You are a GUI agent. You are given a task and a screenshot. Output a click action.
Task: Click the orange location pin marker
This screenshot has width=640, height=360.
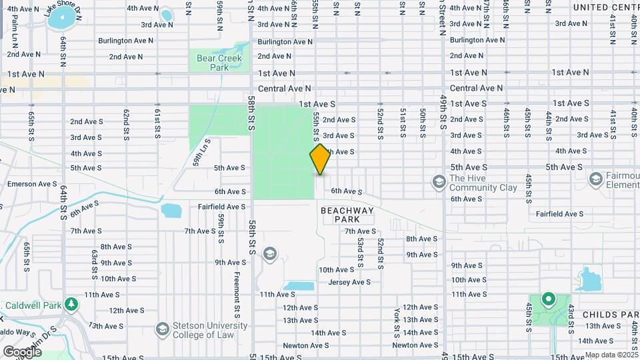pos(321,159)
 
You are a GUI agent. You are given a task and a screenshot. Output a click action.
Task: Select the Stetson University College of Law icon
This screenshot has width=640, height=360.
pos(162,329)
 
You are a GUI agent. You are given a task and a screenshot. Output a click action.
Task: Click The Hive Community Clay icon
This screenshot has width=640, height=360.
pos(439,181)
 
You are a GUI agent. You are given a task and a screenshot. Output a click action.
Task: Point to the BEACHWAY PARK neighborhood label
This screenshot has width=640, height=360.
pos(347,215)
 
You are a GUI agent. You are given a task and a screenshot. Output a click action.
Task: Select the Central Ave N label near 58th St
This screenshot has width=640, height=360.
pos(285,88)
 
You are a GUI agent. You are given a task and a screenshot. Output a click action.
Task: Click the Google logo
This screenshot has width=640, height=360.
pos(22,351)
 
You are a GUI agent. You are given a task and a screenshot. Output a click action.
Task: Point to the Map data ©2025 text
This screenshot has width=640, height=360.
pos(611,355)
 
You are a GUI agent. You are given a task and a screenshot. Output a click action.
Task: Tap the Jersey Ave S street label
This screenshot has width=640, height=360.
pos(349,282)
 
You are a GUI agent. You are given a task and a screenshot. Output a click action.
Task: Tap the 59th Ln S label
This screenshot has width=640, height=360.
pos(201,151)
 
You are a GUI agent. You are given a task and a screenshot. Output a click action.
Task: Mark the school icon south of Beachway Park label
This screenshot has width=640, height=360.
pos(269,253)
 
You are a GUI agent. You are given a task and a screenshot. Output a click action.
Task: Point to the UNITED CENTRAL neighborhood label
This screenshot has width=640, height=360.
pos(606,7)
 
